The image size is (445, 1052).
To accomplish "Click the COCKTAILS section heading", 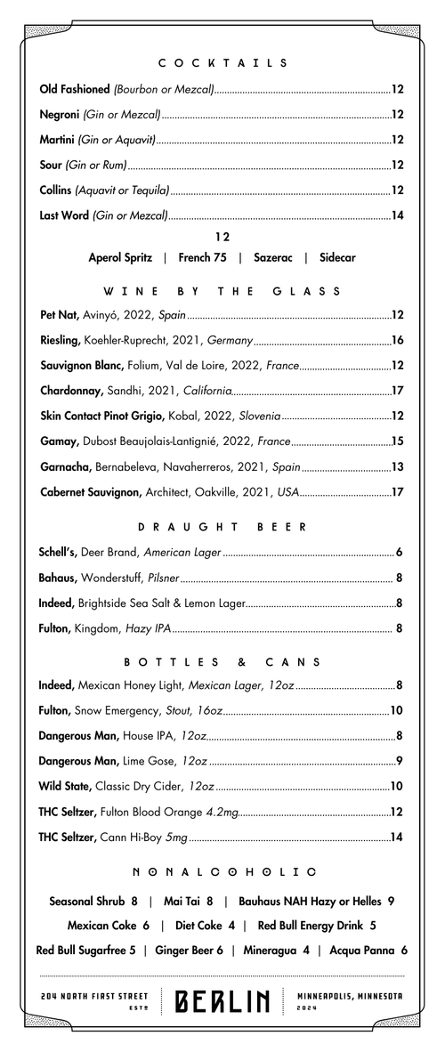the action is click(x=222, y=63).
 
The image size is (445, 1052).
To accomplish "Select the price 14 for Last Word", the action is click(x=398, y=215).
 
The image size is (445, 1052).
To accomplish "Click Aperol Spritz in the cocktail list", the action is click(x=120, y=257).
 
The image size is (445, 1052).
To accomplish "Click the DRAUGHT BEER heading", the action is click(x=222, y=527).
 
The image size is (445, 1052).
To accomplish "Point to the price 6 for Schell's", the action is click(x=400, y=553).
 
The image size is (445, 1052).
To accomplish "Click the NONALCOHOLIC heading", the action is click(x=222, y=871).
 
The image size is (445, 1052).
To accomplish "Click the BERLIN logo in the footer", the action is click(x=222, y=1002).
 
